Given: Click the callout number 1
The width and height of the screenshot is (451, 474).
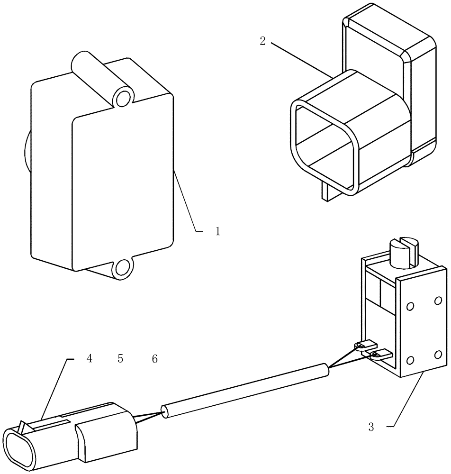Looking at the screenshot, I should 217,232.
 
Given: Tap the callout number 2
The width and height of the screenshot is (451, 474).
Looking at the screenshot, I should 262,41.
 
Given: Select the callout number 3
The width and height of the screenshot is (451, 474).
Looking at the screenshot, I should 371,427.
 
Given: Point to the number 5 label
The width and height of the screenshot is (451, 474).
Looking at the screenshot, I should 120,359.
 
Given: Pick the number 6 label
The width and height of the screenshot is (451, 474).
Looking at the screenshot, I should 154,359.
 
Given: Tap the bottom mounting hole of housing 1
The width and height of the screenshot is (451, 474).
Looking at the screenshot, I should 123,268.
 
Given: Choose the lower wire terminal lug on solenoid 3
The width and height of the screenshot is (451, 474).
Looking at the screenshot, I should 381,354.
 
